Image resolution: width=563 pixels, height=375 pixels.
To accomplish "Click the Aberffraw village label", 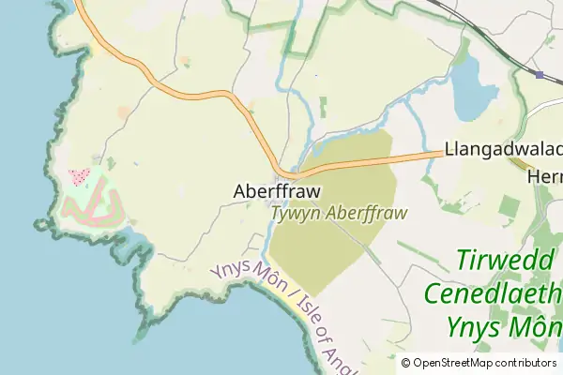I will click(x=276, y=191).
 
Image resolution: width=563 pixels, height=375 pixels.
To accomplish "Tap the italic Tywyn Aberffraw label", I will click(x=339, y=213).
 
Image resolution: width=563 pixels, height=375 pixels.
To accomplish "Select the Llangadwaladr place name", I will click(x=503, y=149).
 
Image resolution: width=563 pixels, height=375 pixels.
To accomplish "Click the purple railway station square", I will click(x=540, y=74).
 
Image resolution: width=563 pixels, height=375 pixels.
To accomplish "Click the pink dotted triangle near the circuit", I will click(x=79, y=175).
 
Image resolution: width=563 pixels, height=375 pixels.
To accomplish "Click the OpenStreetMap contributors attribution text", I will click(x=484, y=363).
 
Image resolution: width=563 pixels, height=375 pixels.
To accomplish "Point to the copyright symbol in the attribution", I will click(x=405, y=363).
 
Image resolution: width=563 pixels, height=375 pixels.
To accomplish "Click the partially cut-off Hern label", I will click(x=544, y=176).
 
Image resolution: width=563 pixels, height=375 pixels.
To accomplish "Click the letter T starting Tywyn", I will click(x=276, y=213).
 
